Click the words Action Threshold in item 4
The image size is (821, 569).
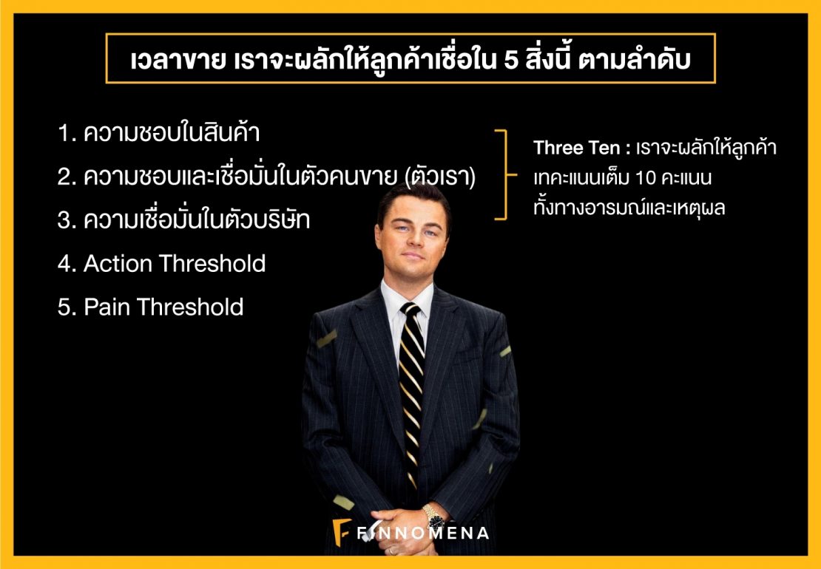click(x=175, y=263)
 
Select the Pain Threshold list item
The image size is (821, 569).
click(x=151, y=307)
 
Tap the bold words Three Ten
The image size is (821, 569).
click(x=576, y=149)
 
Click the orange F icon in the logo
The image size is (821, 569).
click(x=342, y=532)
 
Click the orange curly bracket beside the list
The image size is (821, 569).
click(x=506, y=174)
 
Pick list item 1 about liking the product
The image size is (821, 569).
click(x=159, y=134)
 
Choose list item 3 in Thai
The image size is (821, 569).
click(x=183, y=219)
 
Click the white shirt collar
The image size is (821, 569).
click(x=408, y=298)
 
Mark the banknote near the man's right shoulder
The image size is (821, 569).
click(x=326, y=338)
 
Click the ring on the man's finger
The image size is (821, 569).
click(x=392, y=551)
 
